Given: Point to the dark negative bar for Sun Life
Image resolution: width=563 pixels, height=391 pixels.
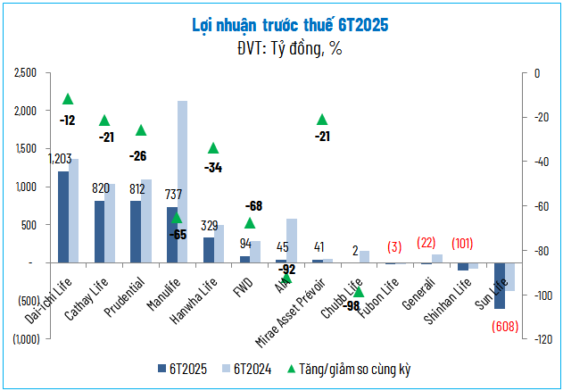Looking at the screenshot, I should pos(500,286).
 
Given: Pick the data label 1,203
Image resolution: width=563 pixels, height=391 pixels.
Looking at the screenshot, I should pos(61,159).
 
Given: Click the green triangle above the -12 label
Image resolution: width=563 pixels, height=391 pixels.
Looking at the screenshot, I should pos(68,99).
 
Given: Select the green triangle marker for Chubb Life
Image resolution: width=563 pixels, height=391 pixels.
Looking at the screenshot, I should pos(358,291).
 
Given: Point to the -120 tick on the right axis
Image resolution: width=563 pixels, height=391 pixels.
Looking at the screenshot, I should pos(542,340).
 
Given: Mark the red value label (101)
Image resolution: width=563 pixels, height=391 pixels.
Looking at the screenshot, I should pos(462,243).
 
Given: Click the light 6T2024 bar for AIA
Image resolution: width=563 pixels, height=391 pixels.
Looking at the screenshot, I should pos(292,240).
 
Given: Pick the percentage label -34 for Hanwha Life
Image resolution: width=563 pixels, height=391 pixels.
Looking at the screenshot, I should pos(213,167).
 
